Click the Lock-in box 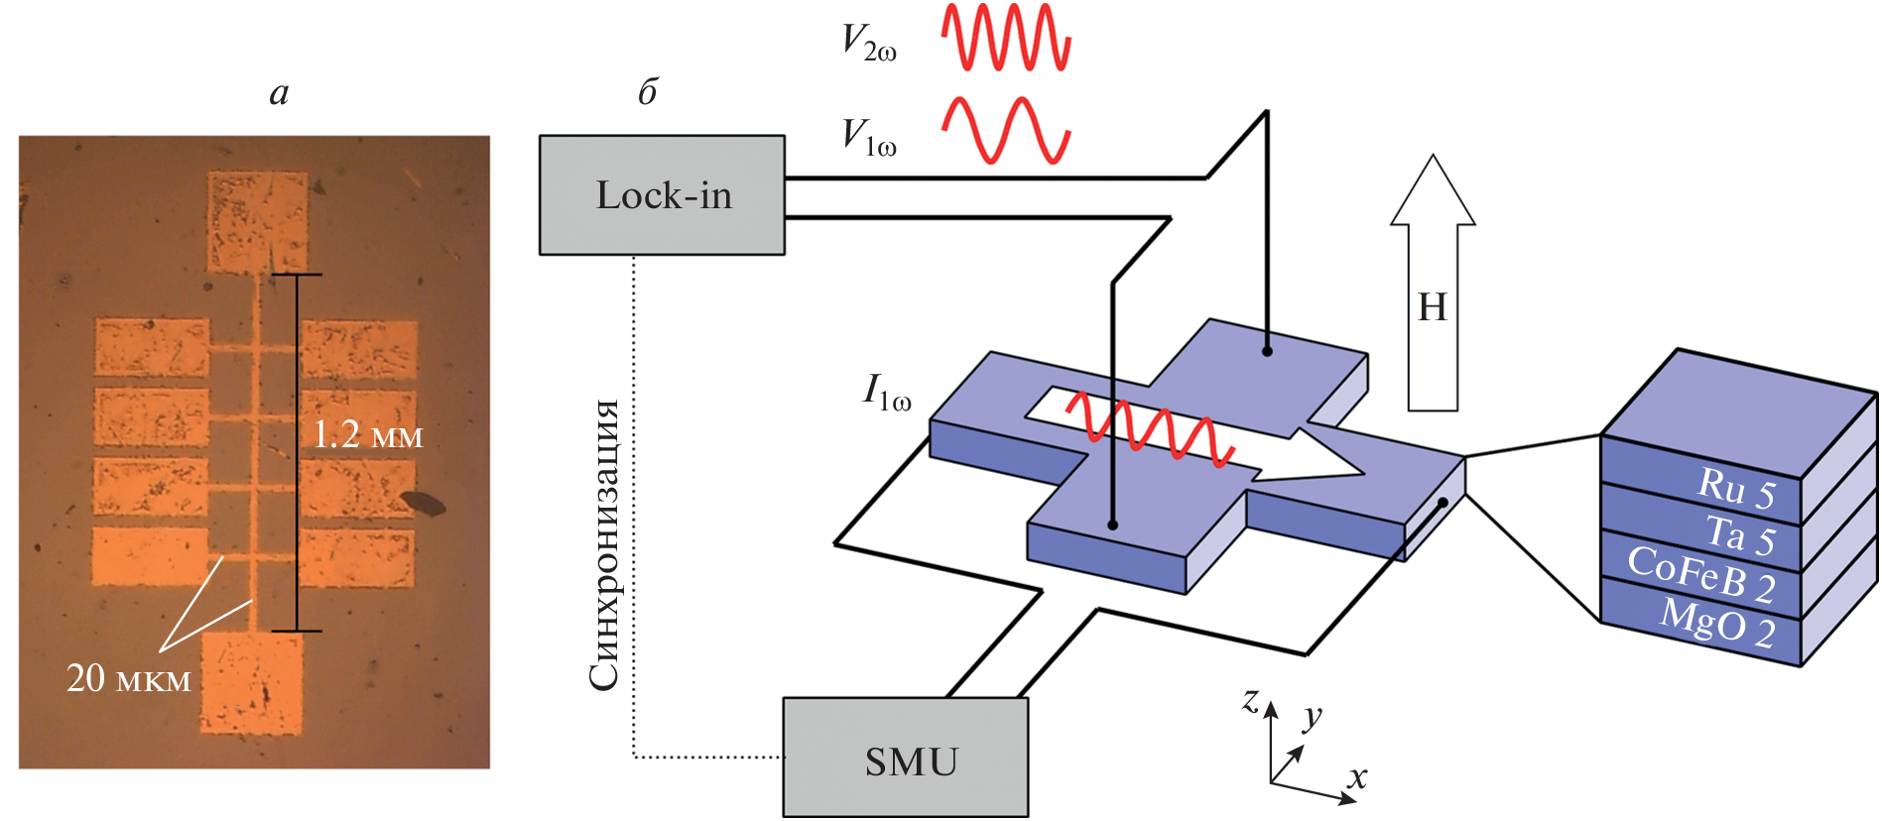point(662,195)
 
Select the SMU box point(905,759)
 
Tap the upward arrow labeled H point(1433,288)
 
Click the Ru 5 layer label point(1736,488)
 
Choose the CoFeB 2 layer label point(1700,575)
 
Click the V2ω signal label point(868,43)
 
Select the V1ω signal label point(868,137)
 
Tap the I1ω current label point(886,393)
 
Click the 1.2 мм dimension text point(368,434)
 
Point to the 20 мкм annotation point(128,678)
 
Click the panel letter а point(279,92)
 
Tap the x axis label point(1357,776)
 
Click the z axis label point(1251,700)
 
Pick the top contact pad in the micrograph point(257,221)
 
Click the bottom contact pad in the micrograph point(252,683)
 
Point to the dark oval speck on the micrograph point(424,503)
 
